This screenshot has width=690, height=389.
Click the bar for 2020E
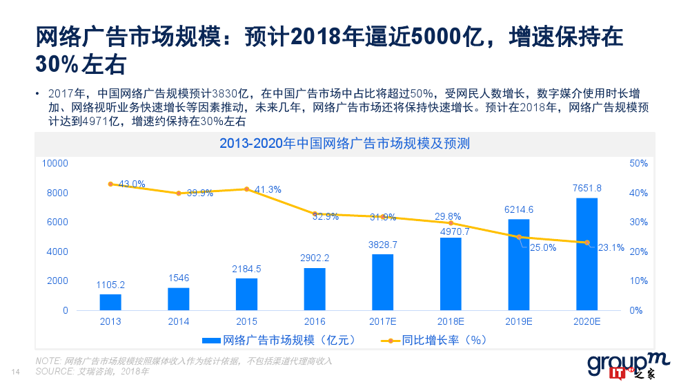point(586,254)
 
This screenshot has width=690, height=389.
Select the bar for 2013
point(110,302)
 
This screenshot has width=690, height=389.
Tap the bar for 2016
point(315,289)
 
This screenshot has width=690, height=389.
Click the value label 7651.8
point(586,188)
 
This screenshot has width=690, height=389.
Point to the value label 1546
point(178,278)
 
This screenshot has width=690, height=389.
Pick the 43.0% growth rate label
point(132,184)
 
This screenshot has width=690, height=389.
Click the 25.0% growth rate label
point(542,247)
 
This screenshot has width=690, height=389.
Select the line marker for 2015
point(246,189)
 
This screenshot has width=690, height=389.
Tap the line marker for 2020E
point(586,243)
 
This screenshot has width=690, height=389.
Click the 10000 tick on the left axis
point(55,163)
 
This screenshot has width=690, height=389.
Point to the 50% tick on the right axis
point(638,163)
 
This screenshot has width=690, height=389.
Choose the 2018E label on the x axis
point(451,321)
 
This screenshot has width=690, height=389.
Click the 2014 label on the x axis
point(178,321)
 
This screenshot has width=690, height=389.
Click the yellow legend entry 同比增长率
point(435,340)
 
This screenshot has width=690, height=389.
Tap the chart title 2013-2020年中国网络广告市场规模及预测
point(344,144)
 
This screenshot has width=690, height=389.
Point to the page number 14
point(17,372)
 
